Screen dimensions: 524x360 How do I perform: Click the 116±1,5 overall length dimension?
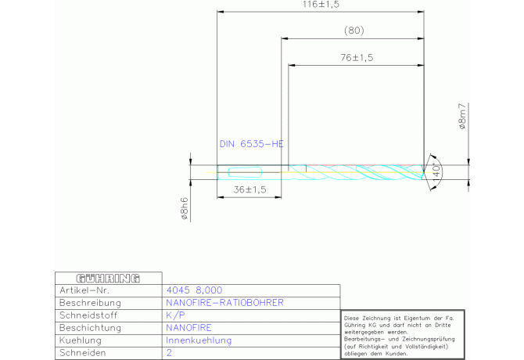click(x=321, y=5)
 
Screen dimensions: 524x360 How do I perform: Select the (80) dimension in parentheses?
click(x=354, y=31)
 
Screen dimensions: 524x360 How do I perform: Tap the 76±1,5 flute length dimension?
click(x=357, y=57)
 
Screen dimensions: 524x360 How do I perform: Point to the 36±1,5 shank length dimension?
click(x=249, y=189)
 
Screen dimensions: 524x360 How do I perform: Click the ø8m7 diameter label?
click(x=462, y=117)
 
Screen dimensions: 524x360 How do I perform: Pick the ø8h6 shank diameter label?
click(x=184, y=209)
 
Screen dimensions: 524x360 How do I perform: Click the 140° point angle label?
click(x=436, y=172)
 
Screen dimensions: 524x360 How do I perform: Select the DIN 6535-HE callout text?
click(x=251, y=144)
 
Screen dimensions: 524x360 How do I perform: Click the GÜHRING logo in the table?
click(x=108, y=279)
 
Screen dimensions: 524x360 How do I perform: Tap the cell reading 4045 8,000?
click(x=194, y=290)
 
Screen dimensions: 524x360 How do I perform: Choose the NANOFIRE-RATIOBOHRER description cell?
click(x=224, y=303)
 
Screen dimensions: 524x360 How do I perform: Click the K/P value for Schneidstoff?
click(x=175, y=315)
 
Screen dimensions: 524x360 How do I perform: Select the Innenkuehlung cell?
click(x=199, y=340)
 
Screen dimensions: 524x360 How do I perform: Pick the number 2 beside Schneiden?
click(x=169, y=353)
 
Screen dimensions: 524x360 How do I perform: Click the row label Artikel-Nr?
click(x=84, y=290)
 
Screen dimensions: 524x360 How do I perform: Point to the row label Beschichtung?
click(x=90, y=328)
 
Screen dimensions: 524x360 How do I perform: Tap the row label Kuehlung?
click(x=81, y=340)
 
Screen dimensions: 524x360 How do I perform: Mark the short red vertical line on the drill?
click(x=306, y=168)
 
